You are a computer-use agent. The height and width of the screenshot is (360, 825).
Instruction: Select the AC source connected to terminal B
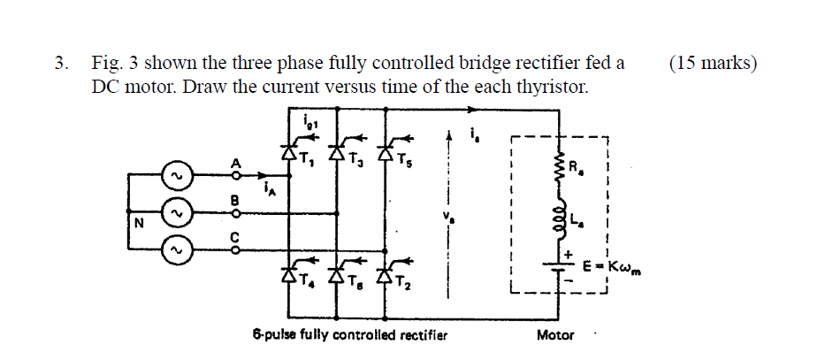[x=176, y=213]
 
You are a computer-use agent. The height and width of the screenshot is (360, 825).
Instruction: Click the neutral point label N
[x=138, y=224]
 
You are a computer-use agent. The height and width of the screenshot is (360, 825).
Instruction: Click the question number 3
[x=58, y=64]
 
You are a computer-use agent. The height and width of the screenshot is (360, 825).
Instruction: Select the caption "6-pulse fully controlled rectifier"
[x=349, y=335]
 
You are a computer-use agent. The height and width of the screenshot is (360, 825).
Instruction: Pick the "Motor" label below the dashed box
[x=554, y=335]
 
